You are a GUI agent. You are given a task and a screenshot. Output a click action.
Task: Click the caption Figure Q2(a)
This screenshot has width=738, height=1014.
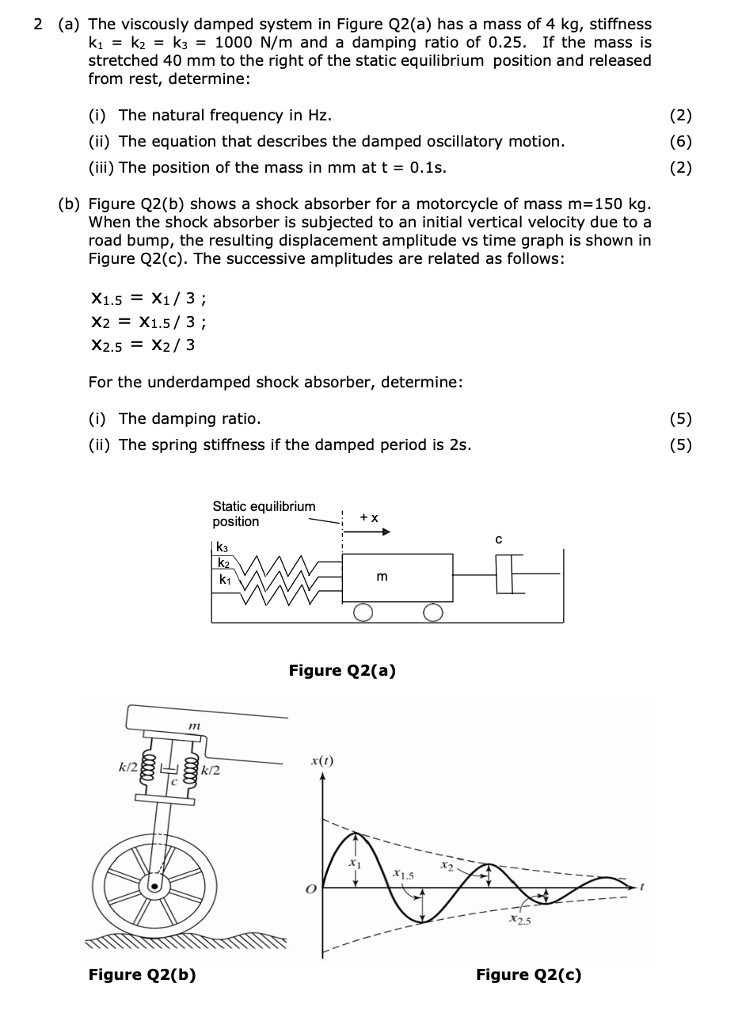[342, 671]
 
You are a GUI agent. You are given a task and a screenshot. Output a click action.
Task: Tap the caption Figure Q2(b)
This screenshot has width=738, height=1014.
[142, 974]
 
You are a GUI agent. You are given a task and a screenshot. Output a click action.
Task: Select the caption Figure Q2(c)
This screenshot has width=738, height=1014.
[528, 974]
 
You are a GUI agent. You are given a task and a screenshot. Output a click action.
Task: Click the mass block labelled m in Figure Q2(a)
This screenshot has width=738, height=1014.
[398, 578]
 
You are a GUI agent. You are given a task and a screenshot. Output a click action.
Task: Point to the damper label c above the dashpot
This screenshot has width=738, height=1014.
[498, 539]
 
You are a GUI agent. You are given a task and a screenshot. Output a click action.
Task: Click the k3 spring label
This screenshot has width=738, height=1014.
[222, 547]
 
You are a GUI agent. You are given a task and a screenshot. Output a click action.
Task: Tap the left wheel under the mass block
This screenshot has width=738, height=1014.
[363, 613]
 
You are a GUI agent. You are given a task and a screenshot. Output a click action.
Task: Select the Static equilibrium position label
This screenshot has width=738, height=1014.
[264, 513]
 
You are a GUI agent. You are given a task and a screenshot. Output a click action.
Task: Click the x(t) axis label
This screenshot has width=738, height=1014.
[321, 760]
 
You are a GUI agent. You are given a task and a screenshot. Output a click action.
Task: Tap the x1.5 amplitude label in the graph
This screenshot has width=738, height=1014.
[401, 875]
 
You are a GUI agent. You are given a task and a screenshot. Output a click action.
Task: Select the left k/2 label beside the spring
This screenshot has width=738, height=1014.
[127, 766]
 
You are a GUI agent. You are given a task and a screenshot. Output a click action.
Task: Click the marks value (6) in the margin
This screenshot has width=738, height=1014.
[680, 142]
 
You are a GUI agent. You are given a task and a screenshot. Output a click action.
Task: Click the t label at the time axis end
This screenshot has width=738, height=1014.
[644, 887]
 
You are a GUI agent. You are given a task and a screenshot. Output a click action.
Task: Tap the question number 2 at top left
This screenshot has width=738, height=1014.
[38, 25]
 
